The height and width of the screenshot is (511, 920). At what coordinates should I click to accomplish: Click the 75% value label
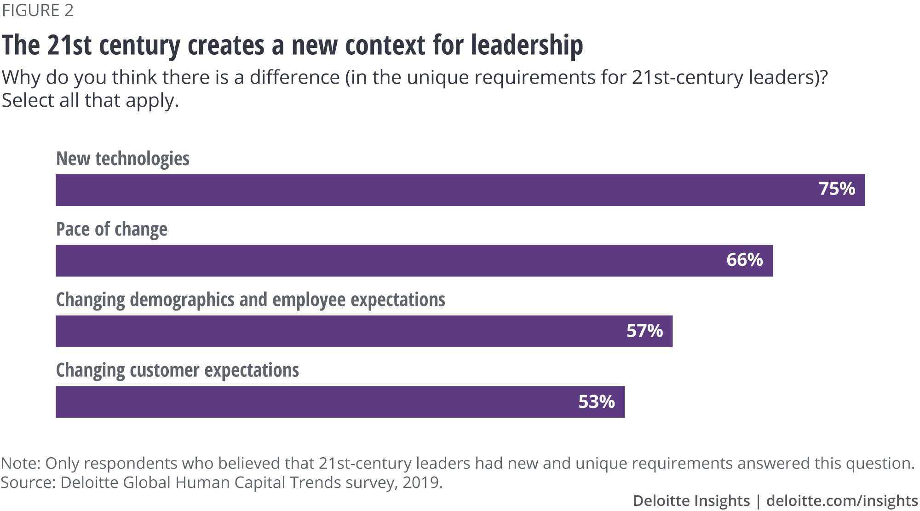[837, 189]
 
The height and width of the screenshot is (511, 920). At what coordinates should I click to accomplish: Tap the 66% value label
[745, 260]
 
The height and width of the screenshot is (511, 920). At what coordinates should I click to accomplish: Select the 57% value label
[644, 331]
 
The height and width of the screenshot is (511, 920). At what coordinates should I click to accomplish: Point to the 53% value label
[597, 402]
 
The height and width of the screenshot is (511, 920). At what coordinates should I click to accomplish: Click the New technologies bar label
[123, 159]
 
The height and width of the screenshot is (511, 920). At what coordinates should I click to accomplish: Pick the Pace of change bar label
[112, 229]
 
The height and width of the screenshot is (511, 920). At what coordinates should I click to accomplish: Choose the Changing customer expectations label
[178, 370]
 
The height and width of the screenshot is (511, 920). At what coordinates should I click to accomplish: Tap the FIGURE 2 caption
[38, 10]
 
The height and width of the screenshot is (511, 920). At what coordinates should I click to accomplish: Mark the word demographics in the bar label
[183, 300]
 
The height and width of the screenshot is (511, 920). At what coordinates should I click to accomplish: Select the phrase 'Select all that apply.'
[90, 100]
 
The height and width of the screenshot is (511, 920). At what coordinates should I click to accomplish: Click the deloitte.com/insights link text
[842, 500]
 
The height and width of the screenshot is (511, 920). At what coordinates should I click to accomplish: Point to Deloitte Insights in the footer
[691, 500]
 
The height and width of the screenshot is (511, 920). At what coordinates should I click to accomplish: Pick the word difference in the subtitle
[294, 77]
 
